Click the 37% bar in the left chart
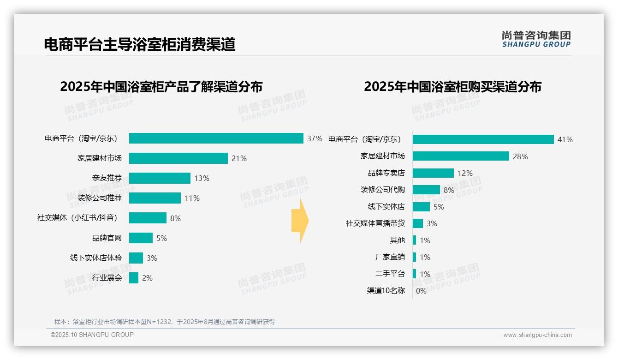[216, 138]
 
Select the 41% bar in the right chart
[483, 139]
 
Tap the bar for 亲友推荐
[160, 178]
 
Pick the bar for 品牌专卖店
[433, 173]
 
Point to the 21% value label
[239, 158]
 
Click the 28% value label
[520, 156]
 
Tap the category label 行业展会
[107, 278]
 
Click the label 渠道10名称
[386, 291]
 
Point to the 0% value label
[421, 291]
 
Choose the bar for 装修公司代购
[426, 190]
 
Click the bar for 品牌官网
[141, 238]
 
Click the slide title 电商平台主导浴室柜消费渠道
[139, 44]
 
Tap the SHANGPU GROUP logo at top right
[536, 39]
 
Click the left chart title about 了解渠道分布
[161, 87]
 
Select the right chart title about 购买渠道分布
[452, 87]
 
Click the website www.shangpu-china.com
[537, 335]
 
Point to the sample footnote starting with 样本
[164, 322]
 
